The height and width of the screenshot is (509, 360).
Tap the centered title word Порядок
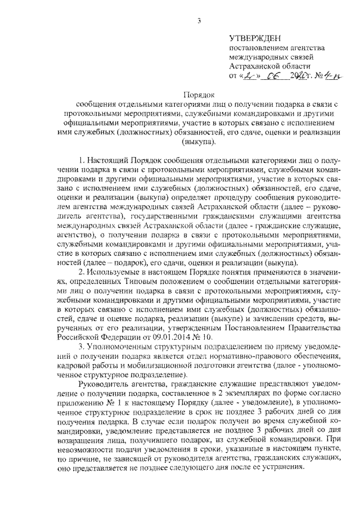pos(199,95)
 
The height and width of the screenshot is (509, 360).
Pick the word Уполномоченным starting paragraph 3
pos(124,355)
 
